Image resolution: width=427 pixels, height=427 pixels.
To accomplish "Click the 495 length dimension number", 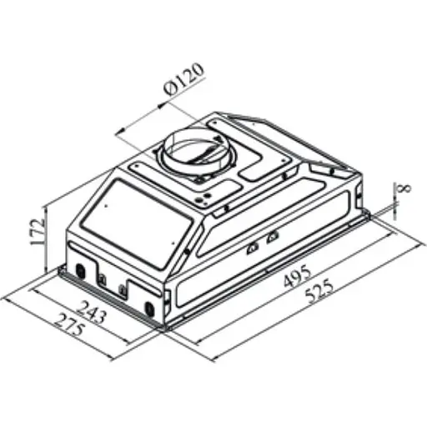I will tap(295, 276).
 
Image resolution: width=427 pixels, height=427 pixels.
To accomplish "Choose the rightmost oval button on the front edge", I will tap(149, 310).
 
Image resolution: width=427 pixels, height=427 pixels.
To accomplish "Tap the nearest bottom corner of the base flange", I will tap(168, 327).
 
